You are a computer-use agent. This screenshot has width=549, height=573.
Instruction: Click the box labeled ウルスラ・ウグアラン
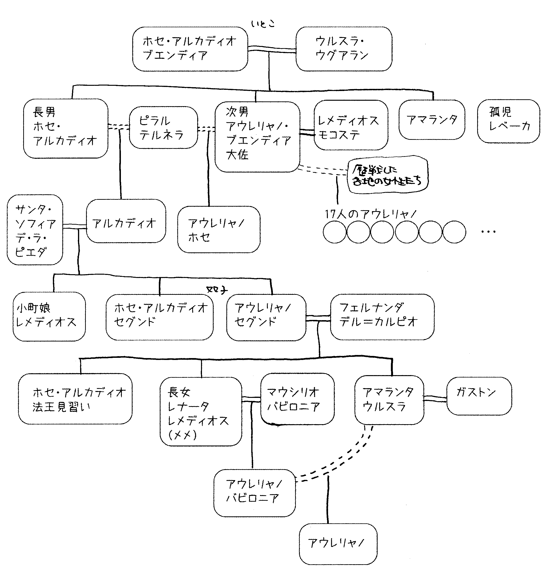344,49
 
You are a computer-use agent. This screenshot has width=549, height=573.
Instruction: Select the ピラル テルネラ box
163,127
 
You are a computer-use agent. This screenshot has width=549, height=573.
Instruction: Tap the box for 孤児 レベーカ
508,121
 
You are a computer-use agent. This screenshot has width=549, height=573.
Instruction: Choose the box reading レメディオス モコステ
351,125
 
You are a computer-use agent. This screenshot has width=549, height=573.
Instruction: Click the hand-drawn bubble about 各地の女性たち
388,175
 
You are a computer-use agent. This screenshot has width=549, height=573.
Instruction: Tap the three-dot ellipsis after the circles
488,232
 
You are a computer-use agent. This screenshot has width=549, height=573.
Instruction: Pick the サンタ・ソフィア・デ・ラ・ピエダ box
35,230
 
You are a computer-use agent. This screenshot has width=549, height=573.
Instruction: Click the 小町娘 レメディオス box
49,316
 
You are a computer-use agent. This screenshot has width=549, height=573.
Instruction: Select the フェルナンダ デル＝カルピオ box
382,317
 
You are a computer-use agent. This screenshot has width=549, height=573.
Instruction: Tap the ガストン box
479,396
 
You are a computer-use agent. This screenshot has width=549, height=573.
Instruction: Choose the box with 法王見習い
75,399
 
